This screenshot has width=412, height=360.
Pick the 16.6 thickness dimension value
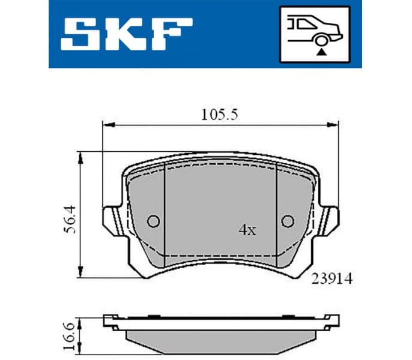(x=70, y=330)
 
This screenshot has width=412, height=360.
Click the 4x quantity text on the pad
(x=247, y=230)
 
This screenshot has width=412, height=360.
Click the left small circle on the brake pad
(x=153, y=221)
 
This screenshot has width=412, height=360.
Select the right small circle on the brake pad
(x=288, y=221)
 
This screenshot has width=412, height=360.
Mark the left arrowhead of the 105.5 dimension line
(x=108, y=125)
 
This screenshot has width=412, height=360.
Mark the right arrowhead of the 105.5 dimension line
(x=332, y=125)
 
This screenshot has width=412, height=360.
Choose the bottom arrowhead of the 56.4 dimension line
(x=81, y=274)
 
